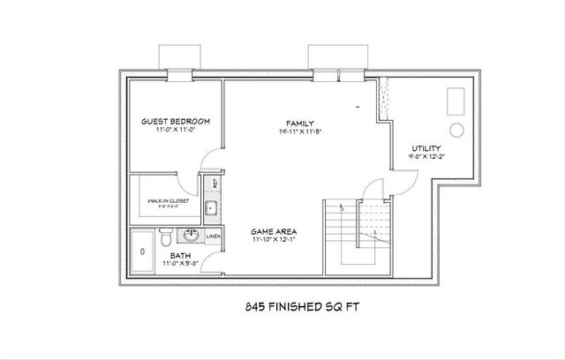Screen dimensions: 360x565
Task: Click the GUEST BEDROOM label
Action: click(x=176, y=121)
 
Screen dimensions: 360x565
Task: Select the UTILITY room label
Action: click(x=426, y=148)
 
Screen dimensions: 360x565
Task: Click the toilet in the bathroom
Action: click(x=164, y=237)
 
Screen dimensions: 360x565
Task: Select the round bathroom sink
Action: click(x=191, y=236)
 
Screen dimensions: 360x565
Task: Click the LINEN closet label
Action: click(x=213, y=236)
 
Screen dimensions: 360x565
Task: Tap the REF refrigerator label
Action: click(x=214, y=186)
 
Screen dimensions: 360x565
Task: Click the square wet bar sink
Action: click(x=211, y=208)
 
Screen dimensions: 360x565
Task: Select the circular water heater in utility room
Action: click(x=457, y=130)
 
